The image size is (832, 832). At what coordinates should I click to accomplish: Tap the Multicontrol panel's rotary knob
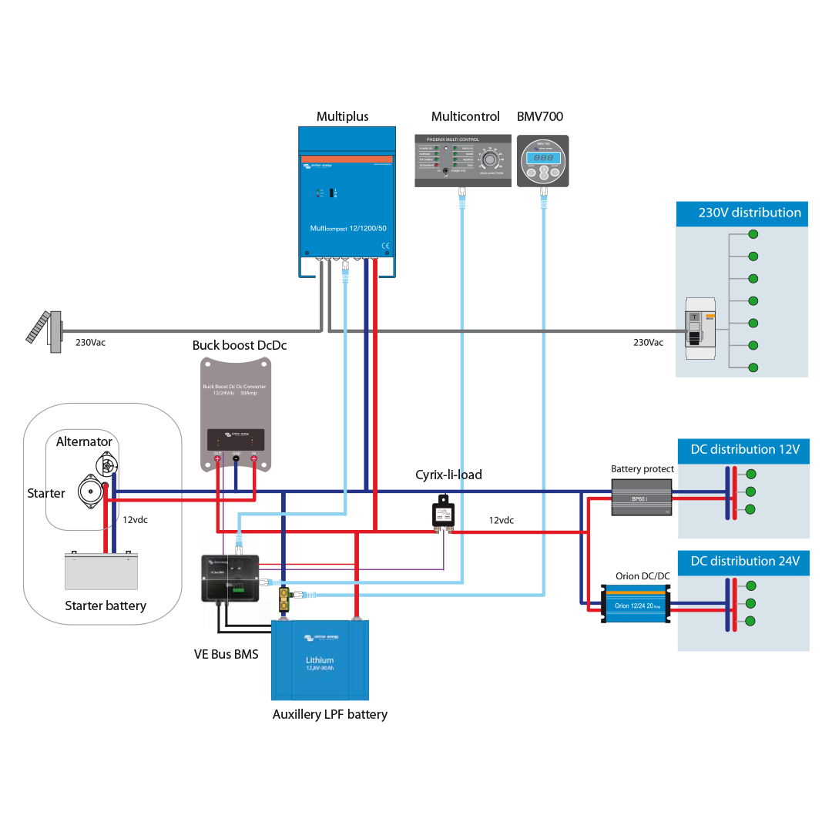489,159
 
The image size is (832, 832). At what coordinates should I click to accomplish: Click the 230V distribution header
742,213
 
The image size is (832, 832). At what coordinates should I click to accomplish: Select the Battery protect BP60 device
641,498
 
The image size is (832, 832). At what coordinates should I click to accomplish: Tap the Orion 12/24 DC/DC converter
636,602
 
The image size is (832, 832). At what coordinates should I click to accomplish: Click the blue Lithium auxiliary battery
320,660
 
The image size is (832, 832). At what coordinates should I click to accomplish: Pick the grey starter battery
101,571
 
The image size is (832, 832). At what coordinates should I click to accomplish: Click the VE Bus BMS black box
230,578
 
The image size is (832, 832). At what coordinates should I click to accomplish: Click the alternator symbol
106,465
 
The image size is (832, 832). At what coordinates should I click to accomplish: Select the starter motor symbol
90,492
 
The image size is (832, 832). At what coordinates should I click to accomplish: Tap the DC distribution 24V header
743,562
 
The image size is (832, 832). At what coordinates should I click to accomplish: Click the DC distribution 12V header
743,450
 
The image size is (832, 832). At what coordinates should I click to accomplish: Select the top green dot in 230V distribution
753,234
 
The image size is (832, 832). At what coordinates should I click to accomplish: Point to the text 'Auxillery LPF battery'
330,714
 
